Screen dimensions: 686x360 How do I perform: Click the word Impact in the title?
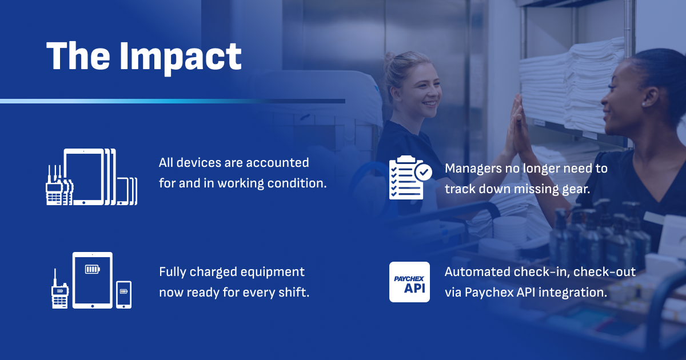(x=181, y=58)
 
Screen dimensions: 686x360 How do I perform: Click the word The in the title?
(x=78, y=55)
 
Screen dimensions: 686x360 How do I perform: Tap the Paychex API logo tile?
(x=409, y=282)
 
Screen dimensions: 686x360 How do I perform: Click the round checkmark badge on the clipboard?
(x=424, y=173)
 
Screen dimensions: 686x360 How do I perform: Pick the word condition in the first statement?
(x=297, y=183)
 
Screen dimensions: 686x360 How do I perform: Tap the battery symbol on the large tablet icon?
(x=93, y=269)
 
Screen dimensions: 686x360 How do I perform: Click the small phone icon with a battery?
(x=123, y=294)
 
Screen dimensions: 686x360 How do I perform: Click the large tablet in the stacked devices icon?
(x=84, y=177)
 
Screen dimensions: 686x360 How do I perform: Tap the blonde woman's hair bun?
(x=390, y=59)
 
